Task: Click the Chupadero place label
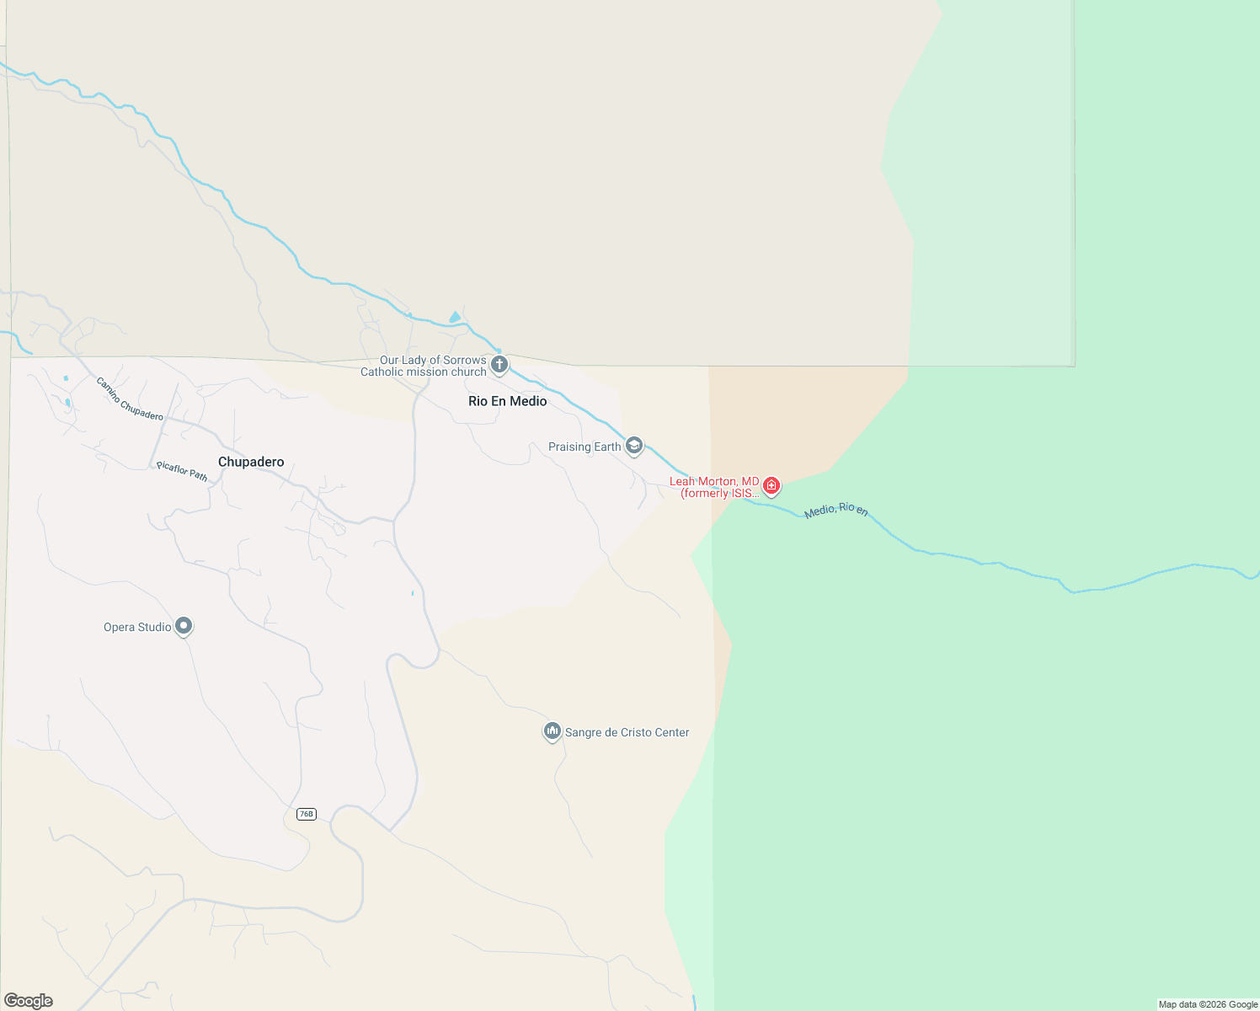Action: pos(251,462)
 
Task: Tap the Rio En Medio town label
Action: pos(507,401)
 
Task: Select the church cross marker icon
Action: pos(499,364)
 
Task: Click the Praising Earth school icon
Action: pos(634,446)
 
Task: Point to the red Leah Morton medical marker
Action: pos(771,485)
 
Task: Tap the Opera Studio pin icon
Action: pos(184,626)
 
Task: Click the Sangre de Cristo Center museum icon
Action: pos(552,731)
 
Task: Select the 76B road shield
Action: pos(307,814)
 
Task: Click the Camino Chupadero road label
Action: pos(130,399)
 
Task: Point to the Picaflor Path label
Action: pos(182,471)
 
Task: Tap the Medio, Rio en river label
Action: pos(836,510)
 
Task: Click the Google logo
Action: pos(29,1001)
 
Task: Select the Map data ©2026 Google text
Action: pos(1208,1004)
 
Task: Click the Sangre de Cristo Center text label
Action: pos(627,733)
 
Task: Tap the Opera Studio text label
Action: pos(137,627)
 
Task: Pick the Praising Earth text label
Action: pos(585,447)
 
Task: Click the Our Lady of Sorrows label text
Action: pos(433,360)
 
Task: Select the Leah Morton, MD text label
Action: pos(714,482)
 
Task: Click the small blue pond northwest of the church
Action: pos(455,318)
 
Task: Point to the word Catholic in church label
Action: pos(382,372)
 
